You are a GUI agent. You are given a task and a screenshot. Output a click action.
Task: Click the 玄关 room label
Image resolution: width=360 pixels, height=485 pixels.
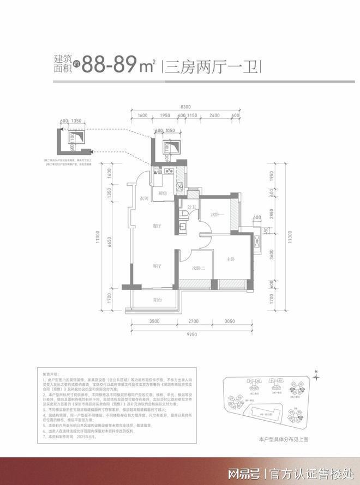[144, 198]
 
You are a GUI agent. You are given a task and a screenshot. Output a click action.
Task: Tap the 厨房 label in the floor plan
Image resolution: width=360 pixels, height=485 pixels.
[162, 193]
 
